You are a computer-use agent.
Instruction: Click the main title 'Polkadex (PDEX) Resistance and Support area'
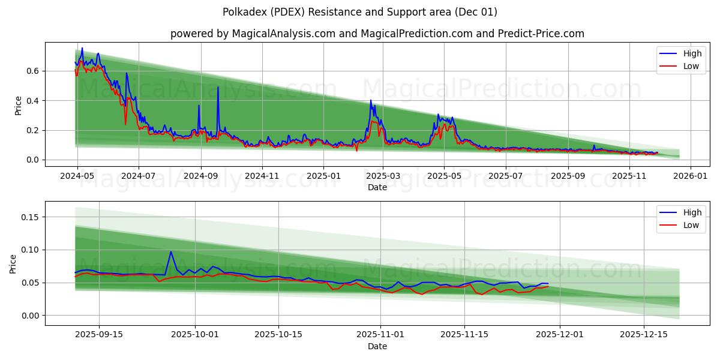[359, 12]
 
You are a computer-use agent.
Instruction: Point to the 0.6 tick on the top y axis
[32, 71]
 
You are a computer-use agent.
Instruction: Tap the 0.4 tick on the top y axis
[32, 100]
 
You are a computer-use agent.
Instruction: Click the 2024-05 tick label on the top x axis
[77, 176]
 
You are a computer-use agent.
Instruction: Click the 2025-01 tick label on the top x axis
[323, 176]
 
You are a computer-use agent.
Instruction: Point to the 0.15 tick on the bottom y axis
[29, 217]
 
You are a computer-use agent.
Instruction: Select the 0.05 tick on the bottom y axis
[29, 283]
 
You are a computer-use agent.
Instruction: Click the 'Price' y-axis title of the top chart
[18, 106]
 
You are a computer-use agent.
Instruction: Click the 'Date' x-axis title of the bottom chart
[377, 346]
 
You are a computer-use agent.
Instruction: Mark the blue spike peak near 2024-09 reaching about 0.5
[218, 87]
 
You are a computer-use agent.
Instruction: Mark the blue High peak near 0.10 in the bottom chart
[170, 252]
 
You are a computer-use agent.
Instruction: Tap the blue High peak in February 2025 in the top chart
[371, 100]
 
